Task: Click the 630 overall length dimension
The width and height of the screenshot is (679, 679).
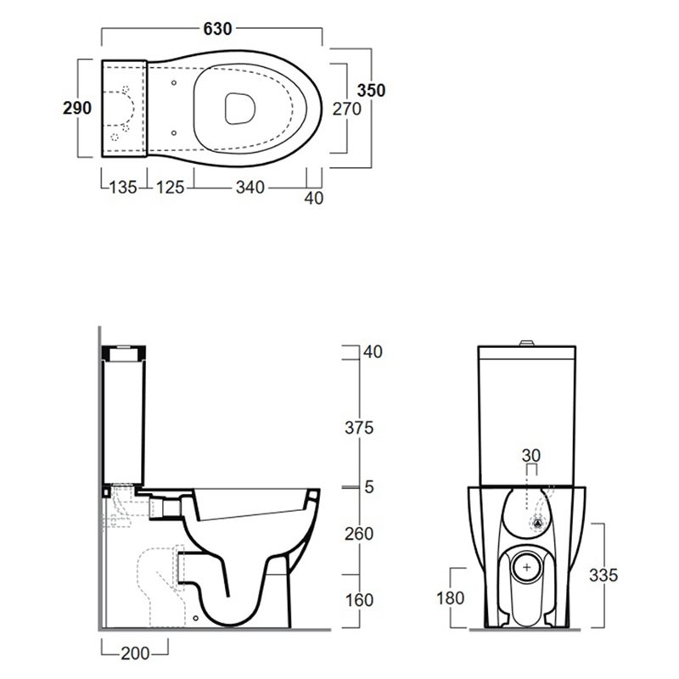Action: [x=217, y=29]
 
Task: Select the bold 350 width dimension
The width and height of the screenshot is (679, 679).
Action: [x=371, y=91]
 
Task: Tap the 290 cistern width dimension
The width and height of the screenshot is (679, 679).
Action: [x=77, y=108]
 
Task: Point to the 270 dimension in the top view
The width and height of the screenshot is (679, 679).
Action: [x=346, y=109]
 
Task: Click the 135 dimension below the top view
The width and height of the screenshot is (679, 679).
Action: [x=123, y=188]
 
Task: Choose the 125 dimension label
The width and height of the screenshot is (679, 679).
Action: [x=171, y=188]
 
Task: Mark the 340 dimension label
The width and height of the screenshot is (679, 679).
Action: [x=250, y=188]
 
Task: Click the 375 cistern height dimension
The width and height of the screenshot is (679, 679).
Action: [x=359, y=428]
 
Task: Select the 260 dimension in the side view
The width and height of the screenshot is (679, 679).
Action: [x=359, y=534]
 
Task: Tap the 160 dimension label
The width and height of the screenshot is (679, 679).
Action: [x=359, y=601]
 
